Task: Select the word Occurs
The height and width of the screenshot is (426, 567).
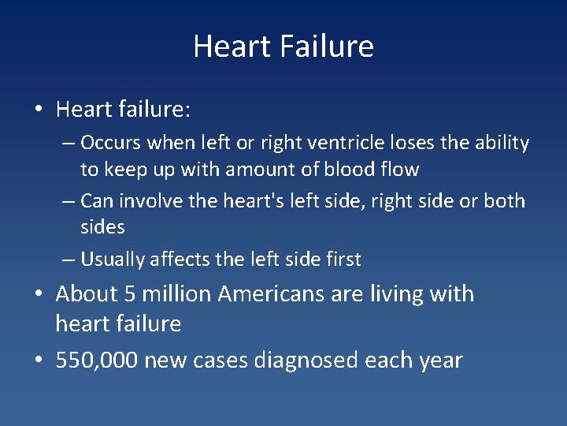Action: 109,143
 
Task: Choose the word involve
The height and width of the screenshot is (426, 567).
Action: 148,200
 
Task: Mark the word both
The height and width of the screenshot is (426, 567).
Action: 505,200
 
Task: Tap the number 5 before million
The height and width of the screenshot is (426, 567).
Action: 132,294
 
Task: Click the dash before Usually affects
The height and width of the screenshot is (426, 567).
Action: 68,260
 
